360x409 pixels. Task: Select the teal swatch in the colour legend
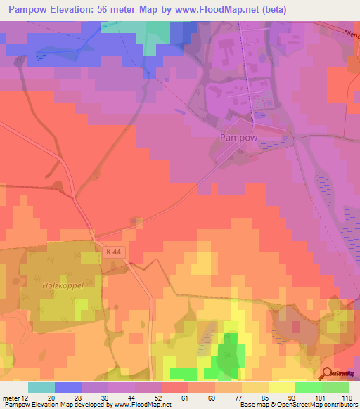[x=41, y=387]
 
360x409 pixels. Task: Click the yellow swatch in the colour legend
[x=281, y=387]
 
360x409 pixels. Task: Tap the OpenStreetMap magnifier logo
[x=328, y=374]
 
